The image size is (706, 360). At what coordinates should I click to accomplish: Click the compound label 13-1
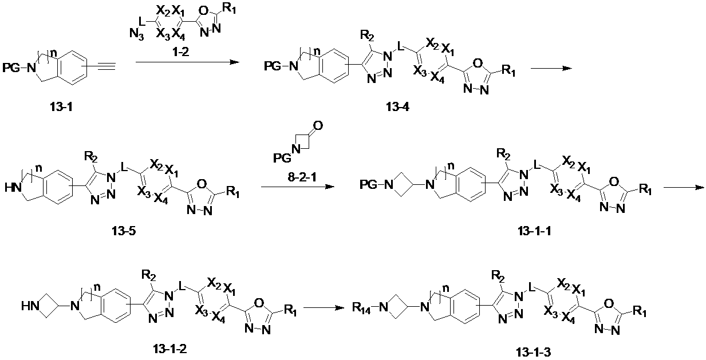61,107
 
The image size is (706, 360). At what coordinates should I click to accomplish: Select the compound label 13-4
398,107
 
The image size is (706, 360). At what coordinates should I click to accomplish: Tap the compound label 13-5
124,231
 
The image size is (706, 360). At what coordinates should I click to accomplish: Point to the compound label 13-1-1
534,231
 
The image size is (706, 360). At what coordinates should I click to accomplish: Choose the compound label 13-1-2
170,349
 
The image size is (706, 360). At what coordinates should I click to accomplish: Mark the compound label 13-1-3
534,352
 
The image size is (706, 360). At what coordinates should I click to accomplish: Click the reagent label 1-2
180,52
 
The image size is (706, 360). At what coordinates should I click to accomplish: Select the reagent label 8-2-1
302,177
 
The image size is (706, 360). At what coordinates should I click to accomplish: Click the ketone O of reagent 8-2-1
318,125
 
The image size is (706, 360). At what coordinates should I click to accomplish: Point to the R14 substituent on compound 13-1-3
361,307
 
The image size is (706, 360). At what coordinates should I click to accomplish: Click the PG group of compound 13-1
11,68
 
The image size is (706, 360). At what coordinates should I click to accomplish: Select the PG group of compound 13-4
273,66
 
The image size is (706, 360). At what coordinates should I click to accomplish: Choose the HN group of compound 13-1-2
30,306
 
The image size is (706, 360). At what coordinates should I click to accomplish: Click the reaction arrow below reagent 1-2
187,62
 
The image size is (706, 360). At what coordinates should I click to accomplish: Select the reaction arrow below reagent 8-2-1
298,187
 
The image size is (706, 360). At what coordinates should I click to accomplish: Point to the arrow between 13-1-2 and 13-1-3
324,307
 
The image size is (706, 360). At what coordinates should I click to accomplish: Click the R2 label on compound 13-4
367,36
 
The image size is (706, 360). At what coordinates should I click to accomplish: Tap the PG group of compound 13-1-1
368,185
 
